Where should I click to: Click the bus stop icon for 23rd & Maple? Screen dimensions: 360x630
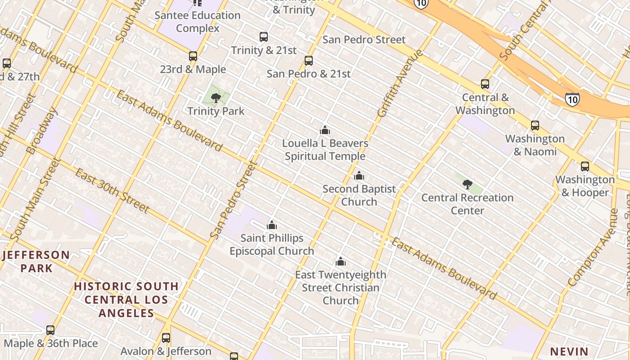(193, 56)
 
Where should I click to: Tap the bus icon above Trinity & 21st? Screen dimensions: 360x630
(264, 37)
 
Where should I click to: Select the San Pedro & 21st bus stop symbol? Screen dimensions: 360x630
(309, 61)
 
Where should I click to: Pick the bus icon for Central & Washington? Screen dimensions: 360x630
(485, 84)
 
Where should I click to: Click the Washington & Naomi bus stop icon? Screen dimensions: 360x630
(535, 126)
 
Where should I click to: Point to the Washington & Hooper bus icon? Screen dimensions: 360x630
(585, 166)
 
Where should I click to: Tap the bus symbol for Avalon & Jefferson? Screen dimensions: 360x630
(166, 337)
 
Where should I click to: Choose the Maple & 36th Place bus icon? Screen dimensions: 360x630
(50, 330)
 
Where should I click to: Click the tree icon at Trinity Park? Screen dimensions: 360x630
(216, 98)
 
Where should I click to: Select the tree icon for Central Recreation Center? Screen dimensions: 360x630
(468, 184)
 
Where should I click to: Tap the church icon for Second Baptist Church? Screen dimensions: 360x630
(359, 175)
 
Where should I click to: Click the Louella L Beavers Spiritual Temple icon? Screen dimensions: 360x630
(325, 130)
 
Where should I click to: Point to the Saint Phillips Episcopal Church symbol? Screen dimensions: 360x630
(272, 225)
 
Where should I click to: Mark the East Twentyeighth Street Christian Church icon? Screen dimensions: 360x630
(341, 261)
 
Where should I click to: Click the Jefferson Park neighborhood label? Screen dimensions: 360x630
(36, 261)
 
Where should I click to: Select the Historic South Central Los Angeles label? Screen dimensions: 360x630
(126, 299)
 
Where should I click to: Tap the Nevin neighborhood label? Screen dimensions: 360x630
(569, 351)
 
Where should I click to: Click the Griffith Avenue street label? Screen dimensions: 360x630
(400, 84)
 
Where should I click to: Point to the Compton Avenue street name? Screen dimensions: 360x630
(593, 247)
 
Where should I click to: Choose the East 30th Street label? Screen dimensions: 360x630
(112, 190)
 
